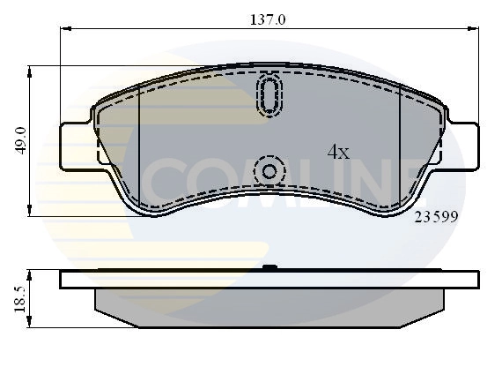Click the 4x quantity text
338,152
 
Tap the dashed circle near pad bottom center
269,170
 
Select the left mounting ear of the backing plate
75,146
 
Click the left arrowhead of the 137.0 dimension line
64,28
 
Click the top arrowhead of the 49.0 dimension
32,70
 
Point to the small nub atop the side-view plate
269,267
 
